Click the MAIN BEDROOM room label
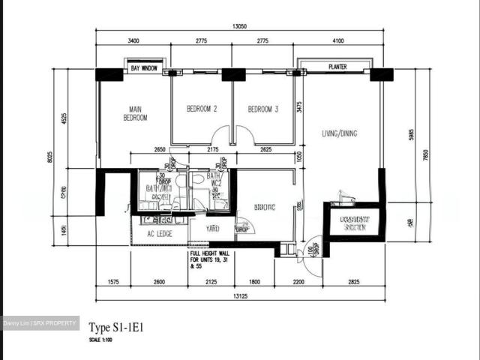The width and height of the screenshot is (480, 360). (x=135, y=113)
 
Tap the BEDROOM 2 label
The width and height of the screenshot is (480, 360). (x=202, y=109)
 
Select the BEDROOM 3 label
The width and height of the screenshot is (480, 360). (x=263, y=109)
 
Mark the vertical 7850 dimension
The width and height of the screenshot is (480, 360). (x=425, y=154)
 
